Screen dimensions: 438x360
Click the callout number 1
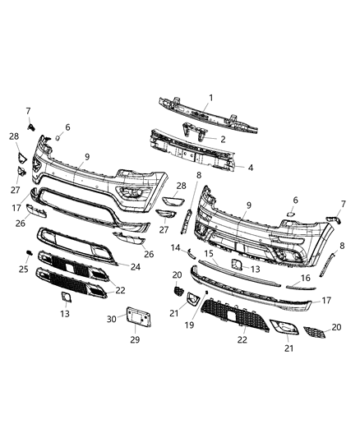(211, 99)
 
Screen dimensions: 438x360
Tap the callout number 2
(222, 139)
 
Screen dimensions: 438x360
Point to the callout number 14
(175, 247)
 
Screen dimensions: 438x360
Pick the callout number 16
(306, 279)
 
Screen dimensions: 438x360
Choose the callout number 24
(135, 265)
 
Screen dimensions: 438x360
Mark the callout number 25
(22, 269)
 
